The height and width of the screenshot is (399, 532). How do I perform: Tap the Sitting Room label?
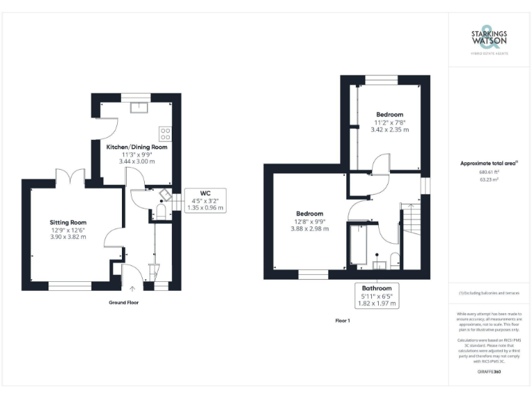[x=68, y=222]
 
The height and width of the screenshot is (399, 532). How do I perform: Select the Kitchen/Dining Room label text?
[x=136, y=147]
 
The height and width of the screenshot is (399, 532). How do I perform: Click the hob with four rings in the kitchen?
[x=165, y=133]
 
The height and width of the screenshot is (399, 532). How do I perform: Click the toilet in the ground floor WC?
[x=160, y=211]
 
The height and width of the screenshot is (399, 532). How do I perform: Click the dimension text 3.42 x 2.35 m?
[x=389, y=130]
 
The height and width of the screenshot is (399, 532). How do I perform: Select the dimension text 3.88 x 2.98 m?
[x=310, y=229]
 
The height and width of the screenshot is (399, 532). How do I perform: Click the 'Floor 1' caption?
[x=343, y=321]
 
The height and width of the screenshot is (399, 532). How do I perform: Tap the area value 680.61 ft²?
[x=489, y=172]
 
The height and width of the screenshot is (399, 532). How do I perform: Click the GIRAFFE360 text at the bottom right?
[x=489, y=372]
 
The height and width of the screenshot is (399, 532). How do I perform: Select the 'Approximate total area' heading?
[x=489, y=163]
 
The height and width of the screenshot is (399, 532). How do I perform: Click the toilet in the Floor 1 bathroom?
[x=395, y=260]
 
